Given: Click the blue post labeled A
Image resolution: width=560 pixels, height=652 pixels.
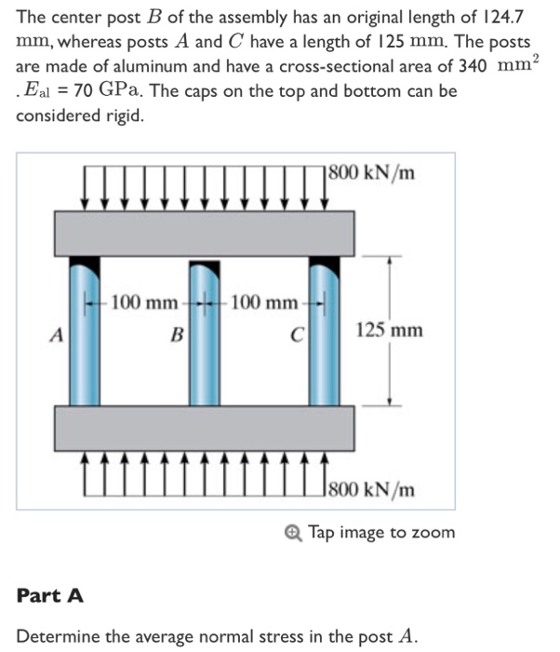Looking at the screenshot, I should click(83, 335).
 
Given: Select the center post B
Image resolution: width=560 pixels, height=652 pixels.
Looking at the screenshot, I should click(203, 335).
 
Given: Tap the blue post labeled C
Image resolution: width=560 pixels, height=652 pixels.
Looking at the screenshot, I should click(324, 335).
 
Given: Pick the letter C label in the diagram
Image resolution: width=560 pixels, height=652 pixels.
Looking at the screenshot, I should click(297, 333).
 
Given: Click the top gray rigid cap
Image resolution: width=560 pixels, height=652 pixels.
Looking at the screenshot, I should click(203, 233).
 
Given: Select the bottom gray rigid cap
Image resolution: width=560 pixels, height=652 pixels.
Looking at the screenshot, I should click(203, 428).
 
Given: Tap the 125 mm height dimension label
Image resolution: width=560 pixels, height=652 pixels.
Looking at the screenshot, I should click(389, 331).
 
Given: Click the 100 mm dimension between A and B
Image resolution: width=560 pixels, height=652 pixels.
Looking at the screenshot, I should click(142, 303).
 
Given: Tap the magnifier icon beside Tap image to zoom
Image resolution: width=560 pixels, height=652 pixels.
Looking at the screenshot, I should click(294, 533).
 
